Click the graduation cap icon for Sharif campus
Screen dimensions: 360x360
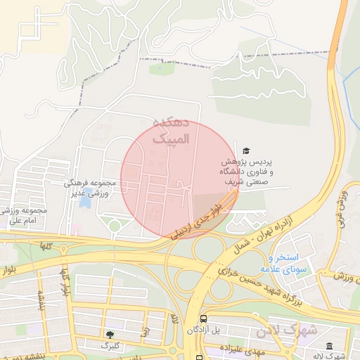pos(246,150)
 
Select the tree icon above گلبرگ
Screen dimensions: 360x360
pos(110,335)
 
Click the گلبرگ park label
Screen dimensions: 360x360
pos(110,346)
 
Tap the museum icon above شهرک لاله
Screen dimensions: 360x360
pos(330,345)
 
